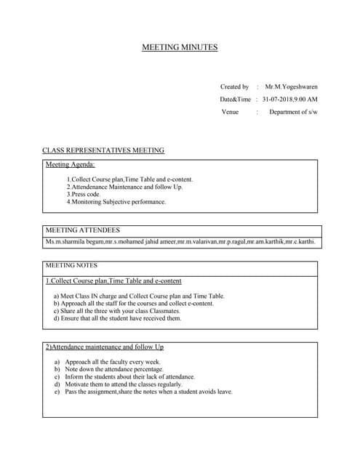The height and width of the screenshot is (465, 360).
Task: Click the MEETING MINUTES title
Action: point(179,48)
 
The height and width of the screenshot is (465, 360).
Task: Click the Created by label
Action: point(234,86)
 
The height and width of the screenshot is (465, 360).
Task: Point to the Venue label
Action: point(230,113)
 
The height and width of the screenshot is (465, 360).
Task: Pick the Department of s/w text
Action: point(293,113)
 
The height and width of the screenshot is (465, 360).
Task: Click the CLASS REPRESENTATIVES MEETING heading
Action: point(103,150)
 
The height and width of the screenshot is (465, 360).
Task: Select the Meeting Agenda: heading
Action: point(71,165)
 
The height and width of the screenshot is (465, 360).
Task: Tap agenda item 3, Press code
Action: point(84,194)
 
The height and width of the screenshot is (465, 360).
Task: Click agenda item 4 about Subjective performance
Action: point(116,202)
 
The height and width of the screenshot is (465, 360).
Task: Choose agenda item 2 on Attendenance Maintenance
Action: point(124,187)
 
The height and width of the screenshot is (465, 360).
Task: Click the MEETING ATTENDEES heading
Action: point(83,230)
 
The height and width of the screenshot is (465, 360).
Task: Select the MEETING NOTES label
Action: point(71,265)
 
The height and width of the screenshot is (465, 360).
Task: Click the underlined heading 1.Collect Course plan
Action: point(113,280)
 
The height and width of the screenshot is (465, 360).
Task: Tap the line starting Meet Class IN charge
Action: point(139,296)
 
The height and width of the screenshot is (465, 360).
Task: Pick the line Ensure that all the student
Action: point(117,318)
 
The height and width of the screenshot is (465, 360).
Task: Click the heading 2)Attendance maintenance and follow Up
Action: point(105,347)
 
